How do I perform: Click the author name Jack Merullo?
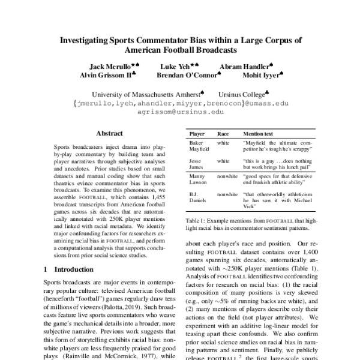106,67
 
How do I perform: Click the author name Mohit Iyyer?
259,76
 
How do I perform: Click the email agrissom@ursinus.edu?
179,112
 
